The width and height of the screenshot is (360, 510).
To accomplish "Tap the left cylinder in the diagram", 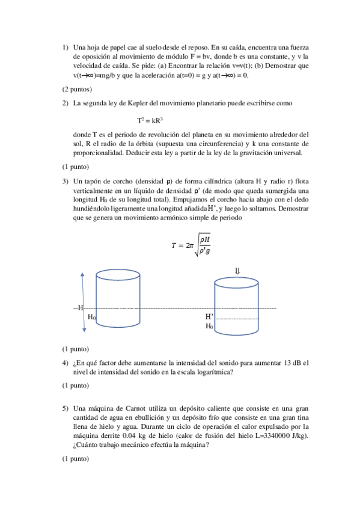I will (118, 298).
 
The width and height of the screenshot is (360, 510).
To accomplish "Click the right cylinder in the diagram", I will (237, 301).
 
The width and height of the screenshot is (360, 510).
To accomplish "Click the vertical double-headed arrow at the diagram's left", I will (83, 300).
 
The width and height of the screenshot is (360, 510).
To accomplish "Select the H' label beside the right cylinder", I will (210, 316).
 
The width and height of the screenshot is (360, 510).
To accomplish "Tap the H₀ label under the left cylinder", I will (92, 316).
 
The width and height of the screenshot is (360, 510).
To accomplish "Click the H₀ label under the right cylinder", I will (209, 326).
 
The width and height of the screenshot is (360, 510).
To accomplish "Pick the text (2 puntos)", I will (77, 89).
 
